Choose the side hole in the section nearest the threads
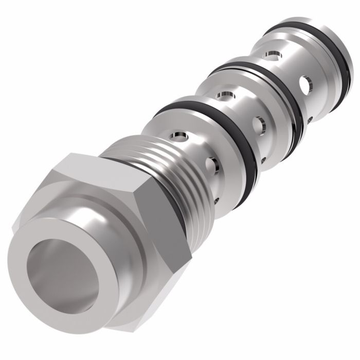pyautogui.click(x=211, y=165)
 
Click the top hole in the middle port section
pyautogui.click(x=224, y=94)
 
